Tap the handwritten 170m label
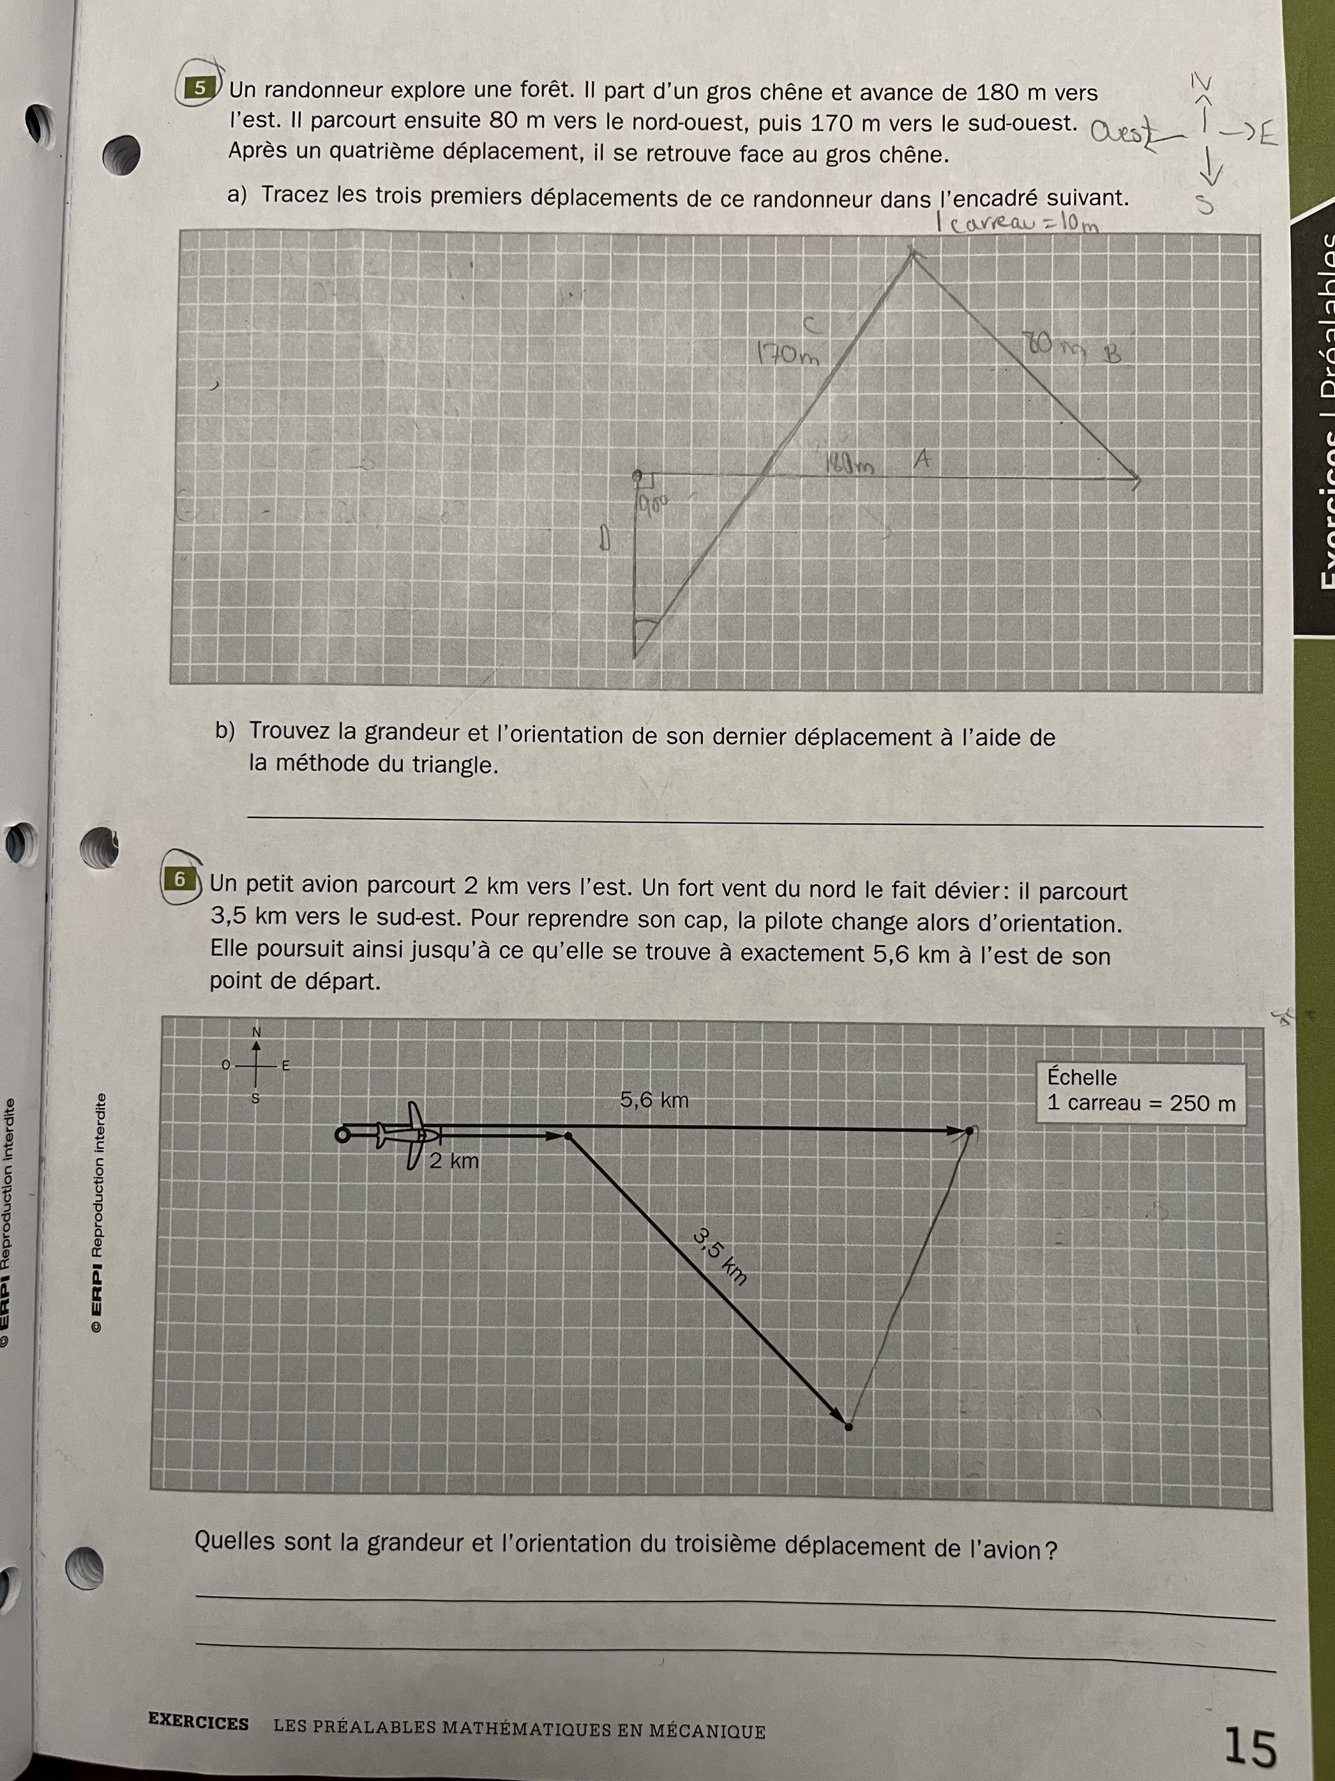[787, 355]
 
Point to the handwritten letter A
[922, 460]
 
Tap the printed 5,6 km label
[654, 1100]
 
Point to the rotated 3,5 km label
[721, 1255]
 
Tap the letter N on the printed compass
[257, 1031]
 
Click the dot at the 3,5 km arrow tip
[848, 1426]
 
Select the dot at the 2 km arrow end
[569, 1136]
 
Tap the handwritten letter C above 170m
[811, 325]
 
